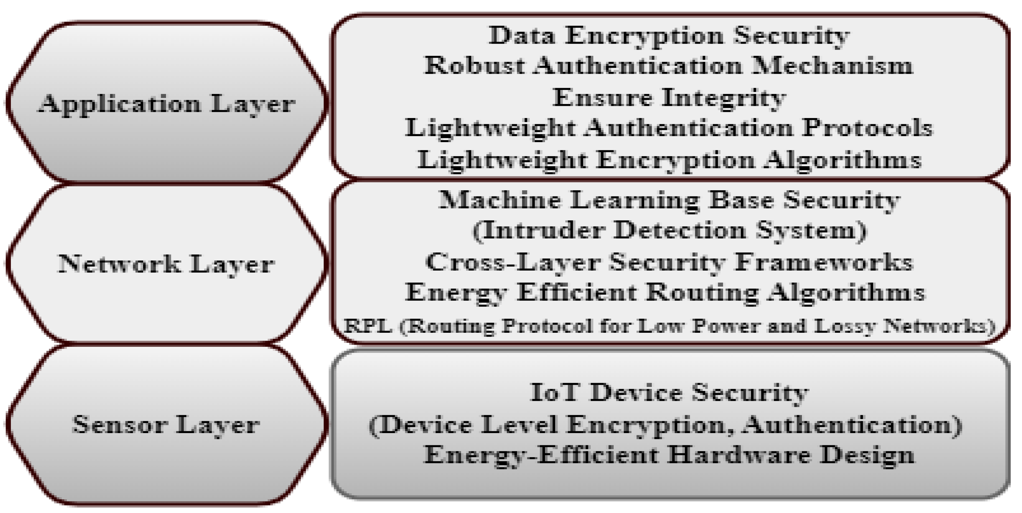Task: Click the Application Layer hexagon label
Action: [x=166, y=104]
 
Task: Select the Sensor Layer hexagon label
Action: [x=166, y=425]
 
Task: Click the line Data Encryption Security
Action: [x=669, y=36]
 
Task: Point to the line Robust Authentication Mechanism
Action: [x=669, y=66]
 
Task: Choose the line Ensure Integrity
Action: [x=669, y=98]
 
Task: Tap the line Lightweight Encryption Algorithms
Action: [x=669, y=160]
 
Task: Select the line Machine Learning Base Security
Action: [x=669, y=200]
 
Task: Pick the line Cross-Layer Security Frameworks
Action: [x=669, y=262]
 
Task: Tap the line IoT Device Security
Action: [x=669, y=393]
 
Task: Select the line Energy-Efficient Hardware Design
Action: [x=669, y=455]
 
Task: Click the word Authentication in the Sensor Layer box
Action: [x=853, y=425]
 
